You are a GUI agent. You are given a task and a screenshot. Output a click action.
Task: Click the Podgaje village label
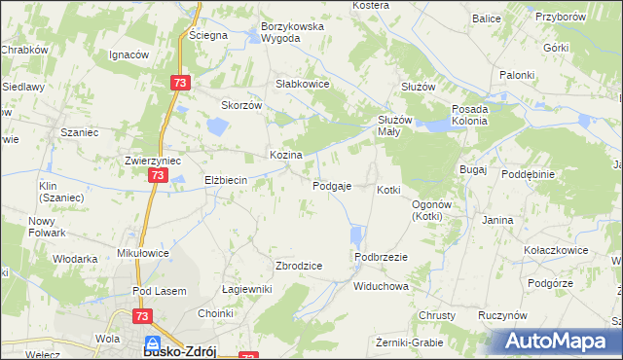[x=331, y=186]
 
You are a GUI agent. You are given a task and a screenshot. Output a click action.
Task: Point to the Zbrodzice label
[x=299, y=266]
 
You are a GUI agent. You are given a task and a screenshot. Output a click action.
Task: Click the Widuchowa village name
[x=381, y=287]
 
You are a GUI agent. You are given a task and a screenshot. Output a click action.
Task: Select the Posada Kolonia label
[x=476, y=115]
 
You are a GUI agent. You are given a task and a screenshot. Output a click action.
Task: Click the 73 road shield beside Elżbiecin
[x=157, y=175]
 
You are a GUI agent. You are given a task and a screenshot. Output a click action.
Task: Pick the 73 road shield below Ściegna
[x=179, y=84]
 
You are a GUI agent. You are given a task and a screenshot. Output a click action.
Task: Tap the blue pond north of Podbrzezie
[x=355, y=236]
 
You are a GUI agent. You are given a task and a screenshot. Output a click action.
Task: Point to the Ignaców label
[x=128, y=54]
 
